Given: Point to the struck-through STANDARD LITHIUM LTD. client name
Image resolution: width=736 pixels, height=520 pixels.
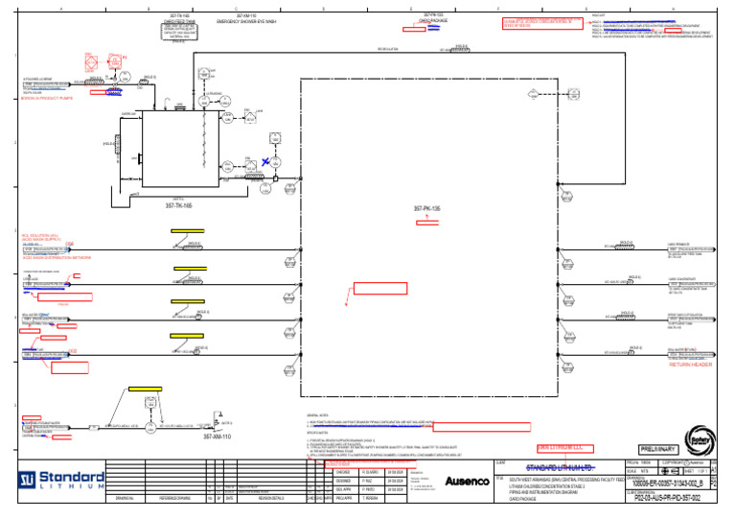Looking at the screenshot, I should point(561,470).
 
